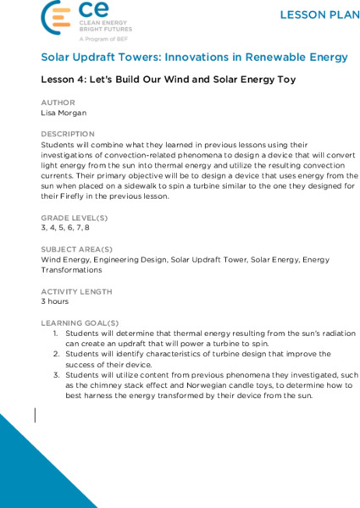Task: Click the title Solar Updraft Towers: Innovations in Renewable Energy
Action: click(194, 58)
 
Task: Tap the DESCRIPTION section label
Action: click(68, 134)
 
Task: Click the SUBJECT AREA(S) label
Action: click(77, 250)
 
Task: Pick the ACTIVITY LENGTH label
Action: click(76, 291)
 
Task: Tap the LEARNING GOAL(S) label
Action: click(80, 323)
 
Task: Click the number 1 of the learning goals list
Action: click(56, 334)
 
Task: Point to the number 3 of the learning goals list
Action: click(56, 375)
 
